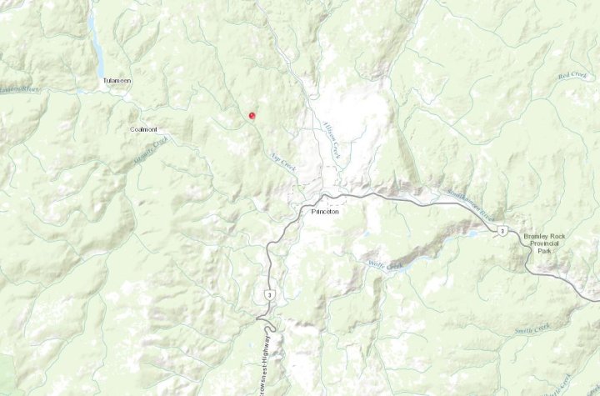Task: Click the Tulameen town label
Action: click(117, 81)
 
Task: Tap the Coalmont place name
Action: click(143, 129)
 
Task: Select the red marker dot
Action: click(252, 116)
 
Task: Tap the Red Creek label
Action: click(572, 76)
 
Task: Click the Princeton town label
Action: click(325, 212)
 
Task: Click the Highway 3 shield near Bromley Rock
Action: click(502, 229)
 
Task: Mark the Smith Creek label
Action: click(532, 328)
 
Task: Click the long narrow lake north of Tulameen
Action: click(97, 50)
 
